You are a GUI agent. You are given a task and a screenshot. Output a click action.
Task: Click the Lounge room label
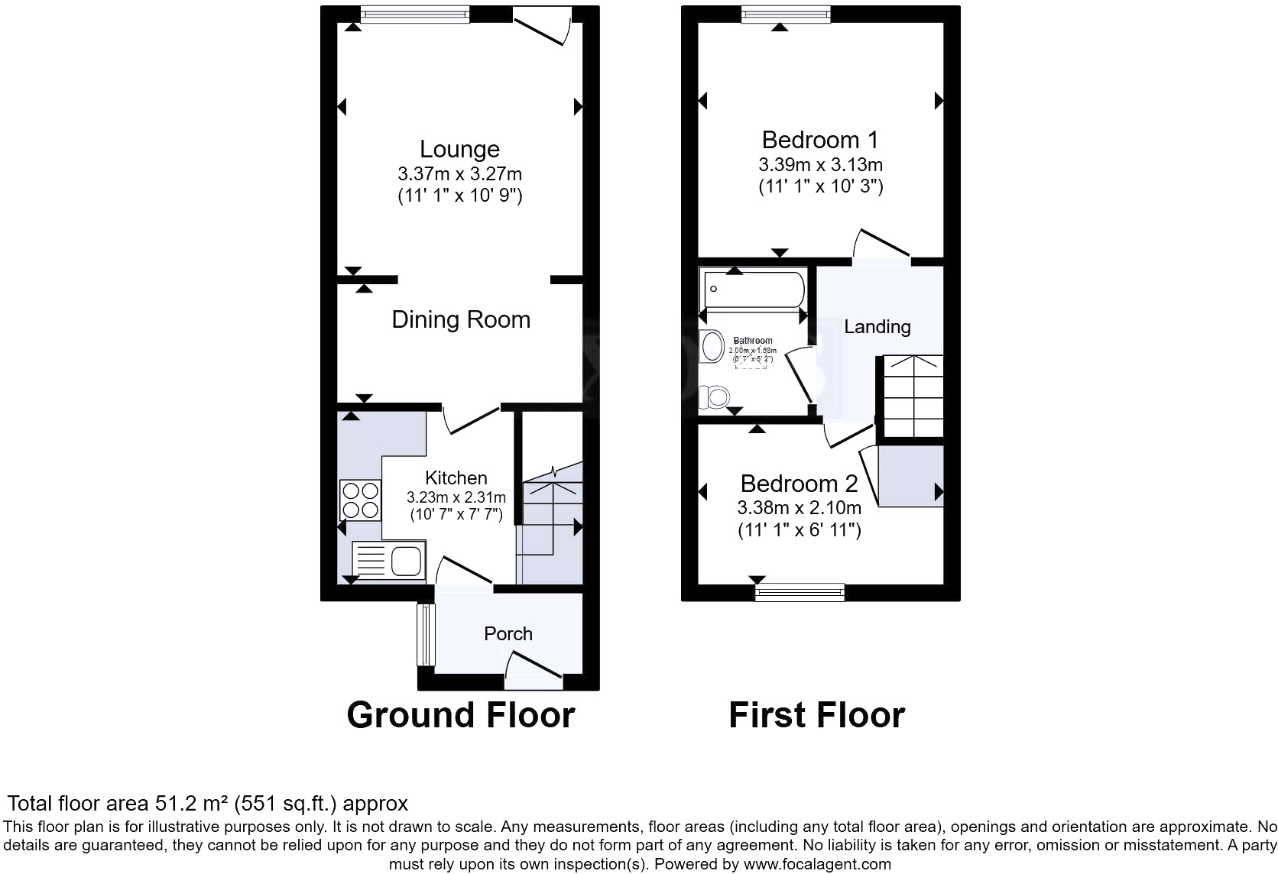[x=459, y=149]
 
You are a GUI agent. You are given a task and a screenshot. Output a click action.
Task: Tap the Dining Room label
[x=460, y=319]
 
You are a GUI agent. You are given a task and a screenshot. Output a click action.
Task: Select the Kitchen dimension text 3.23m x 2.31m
[x=456, y=497]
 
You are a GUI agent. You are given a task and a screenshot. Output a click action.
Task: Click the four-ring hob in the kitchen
[x=360, y=500]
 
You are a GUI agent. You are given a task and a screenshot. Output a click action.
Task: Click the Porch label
[x=508, y=633]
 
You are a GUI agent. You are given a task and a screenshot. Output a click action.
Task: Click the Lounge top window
[x=415, y=14]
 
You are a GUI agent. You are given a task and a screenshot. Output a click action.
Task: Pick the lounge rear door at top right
[x=542, y=26]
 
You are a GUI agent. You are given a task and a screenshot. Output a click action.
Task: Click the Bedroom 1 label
[x=820, y=140]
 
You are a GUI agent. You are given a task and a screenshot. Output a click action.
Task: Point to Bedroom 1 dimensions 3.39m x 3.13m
[x=820, y=164]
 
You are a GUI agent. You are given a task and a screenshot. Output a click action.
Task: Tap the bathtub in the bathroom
[x=753, y=290]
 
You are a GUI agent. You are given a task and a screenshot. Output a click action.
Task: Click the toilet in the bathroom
[x=715, y=397]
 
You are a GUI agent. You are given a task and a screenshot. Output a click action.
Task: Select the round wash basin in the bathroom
[x=712, y=346]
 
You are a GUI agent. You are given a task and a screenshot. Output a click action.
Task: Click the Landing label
[x=877, y=326]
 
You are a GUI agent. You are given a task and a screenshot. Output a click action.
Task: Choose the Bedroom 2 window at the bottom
[x=800, y=591]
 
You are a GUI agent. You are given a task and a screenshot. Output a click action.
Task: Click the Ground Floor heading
[x=460, y=715]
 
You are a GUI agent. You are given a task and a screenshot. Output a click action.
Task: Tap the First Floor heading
[x=816, y=715]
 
